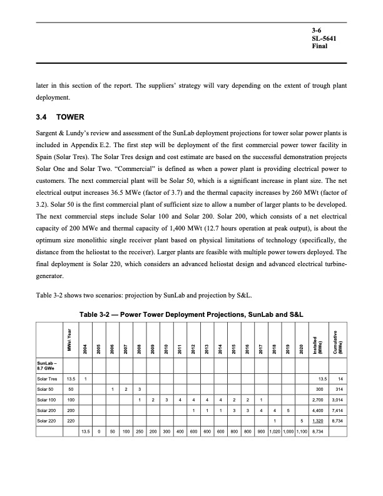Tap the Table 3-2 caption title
point(191,313)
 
